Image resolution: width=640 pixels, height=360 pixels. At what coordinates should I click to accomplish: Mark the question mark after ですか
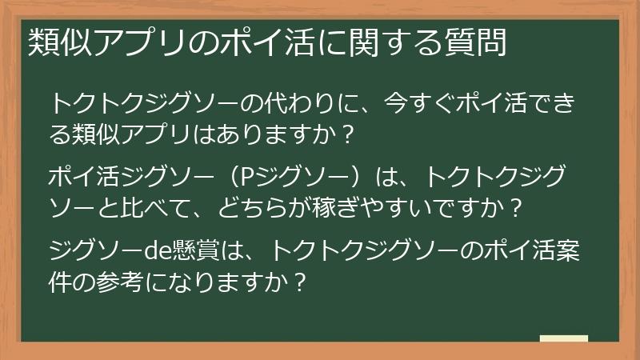(x=516, y=208)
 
